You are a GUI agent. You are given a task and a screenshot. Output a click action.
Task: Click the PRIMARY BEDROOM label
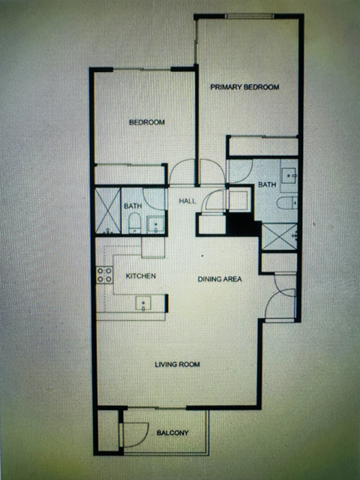point(244,87)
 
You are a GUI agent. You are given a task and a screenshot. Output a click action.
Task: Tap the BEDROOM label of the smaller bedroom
point(147,122)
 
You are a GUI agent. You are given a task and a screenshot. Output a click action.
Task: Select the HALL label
point(187,201)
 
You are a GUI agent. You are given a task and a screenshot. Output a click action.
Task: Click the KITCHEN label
point(141,276)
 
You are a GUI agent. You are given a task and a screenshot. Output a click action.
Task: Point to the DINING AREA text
point(220,279)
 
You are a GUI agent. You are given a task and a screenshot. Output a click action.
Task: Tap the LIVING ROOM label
point(177,364)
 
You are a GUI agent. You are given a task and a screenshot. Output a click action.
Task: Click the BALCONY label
point(172,433)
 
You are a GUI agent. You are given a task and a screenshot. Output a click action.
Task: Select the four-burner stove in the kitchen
point(105,275)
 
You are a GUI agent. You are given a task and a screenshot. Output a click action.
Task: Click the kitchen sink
point(143,304)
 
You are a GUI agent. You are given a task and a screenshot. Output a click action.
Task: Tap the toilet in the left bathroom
point(135,223)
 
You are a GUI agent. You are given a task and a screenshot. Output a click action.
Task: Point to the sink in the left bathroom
point(156,225)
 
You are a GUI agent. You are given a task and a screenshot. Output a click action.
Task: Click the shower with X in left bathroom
point(108,211)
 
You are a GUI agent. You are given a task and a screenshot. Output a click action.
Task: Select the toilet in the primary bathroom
point(287,203)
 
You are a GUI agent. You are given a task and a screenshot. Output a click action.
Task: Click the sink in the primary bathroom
point(289,175)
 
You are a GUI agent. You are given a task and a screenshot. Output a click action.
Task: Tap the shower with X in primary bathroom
point(280,237)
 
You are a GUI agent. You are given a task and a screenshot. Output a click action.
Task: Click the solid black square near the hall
point(241,224)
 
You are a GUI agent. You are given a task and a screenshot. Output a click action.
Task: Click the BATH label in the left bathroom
point(133,206)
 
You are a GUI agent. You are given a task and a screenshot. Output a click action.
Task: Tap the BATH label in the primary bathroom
point(267,184)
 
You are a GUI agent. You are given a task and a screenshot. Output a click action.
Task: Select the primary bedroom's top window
point(249,16)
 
